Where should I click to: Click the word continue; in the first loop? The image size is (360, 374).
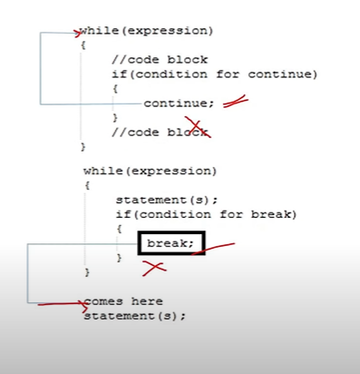179,103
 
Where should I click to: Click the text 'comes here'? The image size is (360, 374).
124,301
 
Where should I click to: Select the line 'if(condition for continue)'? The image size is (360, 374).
214,74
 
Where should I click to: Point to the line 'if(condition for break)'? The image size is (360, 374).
206,214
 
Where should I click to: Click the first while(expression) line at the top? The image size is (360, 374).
147,31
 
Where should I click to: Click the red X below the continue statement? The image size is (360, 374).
197,127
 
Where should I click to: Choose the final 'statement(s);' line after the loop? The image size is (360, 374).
134,316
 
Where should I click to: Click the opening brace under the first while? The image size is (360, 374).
83,44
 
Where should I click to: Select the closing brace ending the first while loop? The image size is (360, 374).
83,145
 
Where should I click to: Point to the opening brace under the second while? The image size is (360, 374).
87,185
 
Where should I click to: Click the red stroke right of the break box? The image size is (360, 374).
221,246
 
